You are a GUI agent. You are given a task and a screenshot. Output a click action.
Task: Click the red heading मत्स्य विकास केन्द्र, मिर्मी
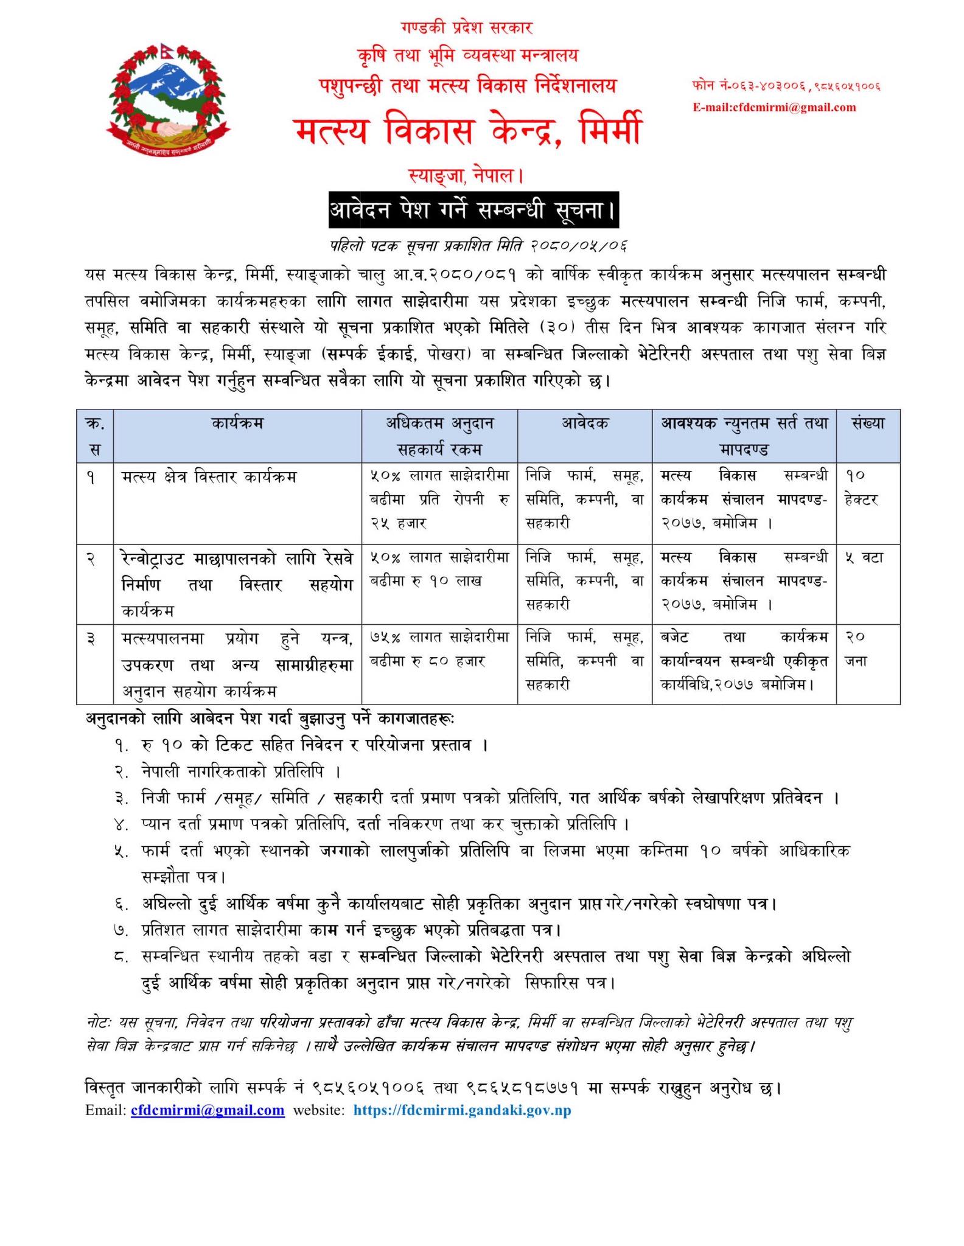click(467, 131)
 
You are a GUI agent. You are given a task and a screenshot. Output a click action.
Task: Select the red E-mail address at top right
click(774, 108)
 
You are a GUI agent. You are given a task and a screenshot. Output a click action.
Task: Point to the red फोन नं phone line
click(786, 86)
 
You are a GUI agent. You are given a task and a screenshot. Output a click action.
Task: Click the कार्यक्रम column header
click(237, 423)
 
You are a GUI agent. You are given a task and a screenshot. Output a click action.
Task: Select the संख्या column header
click(868, 423)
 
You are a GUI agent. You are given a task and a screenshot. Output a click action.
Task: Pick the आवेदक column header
click(584, 423)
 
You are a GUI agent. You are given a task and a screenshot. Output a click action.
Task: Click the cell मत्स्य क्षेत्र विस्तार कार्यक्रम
click(209, 477)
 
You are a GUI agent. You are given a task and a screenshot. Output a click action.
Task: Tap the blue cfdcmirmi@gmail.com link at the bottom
click(208, 1110)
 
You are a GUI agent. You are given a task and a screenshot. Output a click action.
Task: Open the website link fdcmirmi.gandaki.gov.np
click(462, 1110)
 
